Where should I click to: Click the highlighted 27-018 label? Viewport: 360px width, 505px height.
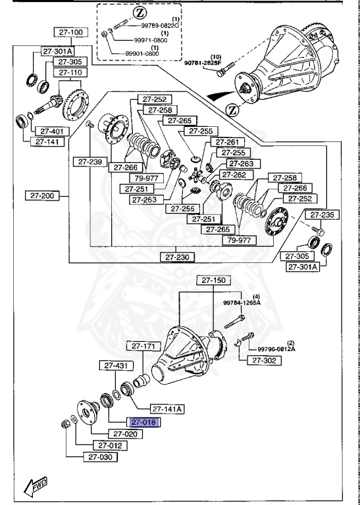point(143,423)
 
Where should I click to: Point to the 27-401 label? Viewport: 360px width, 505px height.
point(48,131)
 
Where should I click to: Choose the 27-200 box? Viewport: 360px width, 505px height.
point(42,195)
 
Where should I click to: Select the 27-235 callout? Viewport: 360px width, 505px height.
point(322,214)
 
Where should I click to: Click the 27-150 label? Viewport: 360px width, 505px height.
point(215,280)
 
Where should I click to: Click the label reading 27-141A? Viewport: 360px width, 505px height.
point(167,408)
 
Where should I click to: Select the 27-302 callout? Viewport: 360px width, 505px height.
point(263,360)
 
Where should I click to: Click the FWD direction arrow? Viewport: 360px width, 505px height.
point(33,487)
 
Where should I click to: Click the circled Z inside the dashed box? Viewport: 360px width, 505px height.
point(139,13)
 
